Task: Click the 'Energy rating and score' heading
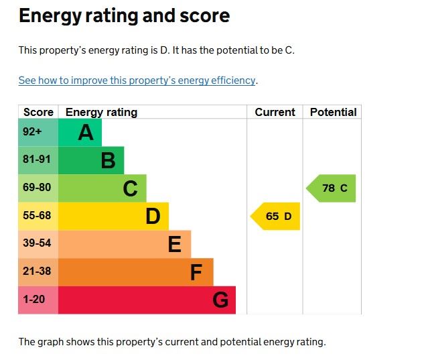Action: [x=124, y=16]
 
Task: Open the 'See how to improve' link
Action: [x=137, y=80]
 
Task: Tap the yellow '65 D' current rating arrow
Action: [x=276, y=216]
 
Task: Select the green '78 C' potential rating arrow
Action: [x=332, y=188]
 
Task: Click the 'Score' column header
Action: [x=38, y=112]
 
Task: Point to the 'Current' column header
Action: [x=275, y=112]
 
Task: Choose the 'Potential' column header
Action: [x=333, y=112]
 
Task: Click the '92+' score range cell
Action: [x=33, y=132]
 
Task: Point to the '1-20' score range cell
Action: [x=35, y=300]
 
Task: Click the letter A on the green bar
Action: [x=85, y=133]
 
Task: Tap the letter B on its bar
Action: [x=108, y=161]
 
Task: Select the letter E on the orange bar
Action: [x=174, y=245]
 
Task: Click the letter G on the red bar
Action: [x=220, y=300]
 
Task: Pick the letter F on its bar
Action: [x=196, y=272]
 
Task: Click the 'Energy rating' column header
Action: [x=101, y=112]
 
